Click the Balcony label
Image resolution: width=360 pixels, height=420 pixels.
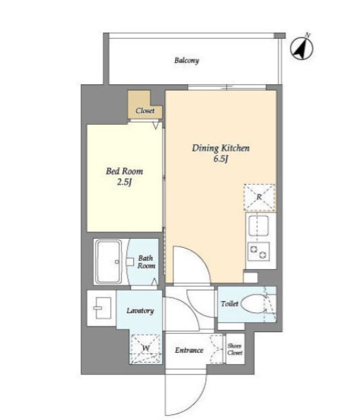click(x=186, y=60)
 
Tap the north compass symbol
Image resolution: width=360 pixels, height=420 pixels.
click(x=302, y=47)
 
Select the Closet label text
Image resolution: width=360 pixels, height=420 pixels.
click(x=145, y=110)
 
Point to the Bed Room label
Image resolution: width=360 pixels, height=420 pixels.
click(x=125, y=171)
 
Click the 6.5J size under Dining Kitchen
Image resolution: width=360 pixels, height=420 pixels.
click(x=220, y=159)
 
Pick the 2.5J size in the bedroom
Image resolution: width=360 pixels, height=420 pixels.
click(x=125, y=183)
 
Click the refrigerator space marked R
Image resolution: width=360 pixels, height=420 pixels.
click(x=259, y=198)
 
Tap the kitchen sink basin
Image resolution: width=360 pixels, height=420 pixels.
click(x=259, y=225)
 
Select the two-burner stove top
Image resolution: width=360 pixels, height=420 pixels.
click(x=259, y=251)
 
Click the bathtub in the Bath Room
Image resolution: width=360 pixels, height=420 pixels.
click(x=109, y=261)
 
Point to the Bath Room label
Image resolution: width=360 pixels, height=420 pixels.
click(x=146, y=262)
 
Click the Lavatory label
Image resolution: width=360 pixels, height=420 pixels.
click(x=140, y=311)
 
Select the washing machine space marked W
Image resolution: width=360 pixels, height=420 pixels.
click(x=146, y=348)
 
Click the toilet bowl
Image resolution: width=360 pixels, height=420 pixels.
click(x=253, y=304)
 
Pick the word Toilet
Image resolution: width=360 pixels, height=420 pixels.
click(x=230, y=304)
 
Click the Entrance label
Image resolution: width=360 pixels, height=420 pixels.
click(x=189, y=350)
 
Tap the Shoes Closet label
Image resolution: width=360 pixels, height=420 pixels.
click(x=235, y=349)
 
